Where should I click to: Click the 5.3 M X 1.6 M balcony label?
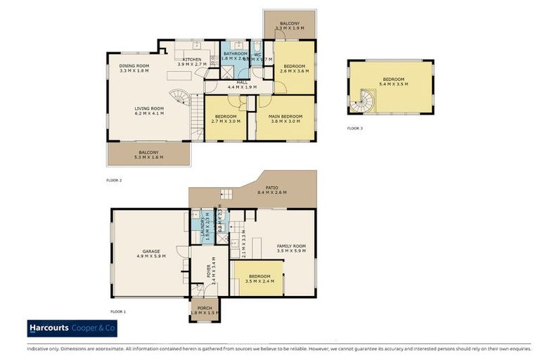click(148, 155)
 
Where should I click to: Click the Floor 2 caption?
click(114, 181)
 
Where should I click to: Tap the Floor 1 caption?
click(117, 311)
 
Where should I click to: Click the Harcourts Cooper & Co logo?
click(72, 328)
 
